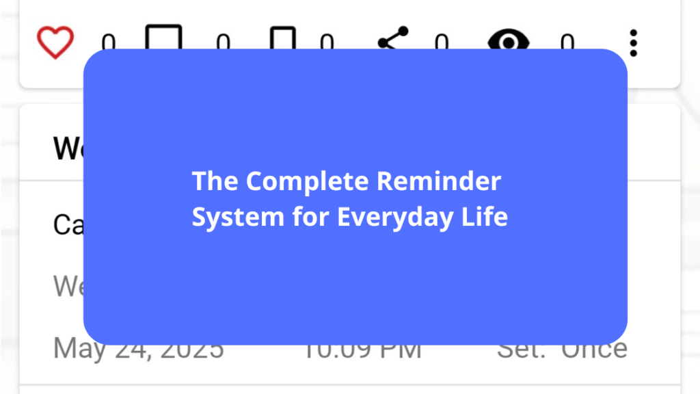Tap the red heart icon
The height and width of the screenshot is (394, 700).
(55, 42)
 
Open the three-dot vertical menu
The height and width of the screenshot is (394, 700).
(634, 42)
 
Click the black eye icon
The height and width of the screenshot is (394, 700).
(509, 40)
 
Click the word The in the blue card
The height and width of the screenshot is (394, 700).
(215, 182)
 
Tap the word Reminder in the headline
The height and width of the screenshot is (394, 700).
(439, 182)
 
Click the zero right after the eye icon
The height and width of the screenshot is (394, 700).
(567, 44)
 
